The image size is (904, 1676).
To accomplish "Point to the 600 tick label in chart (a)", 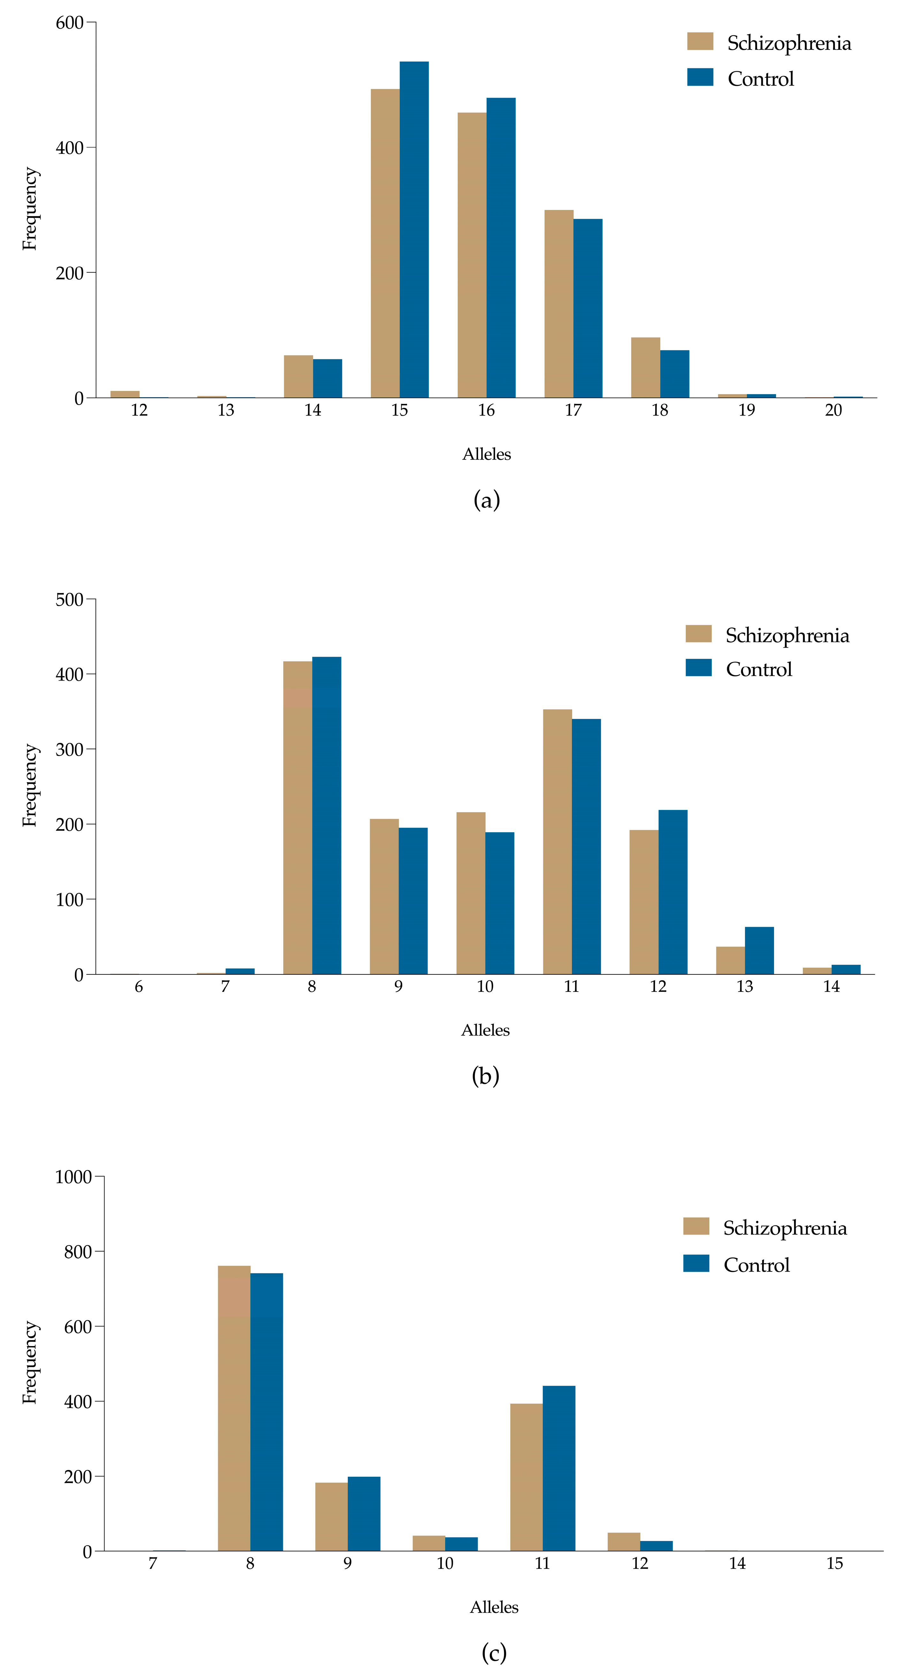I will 70,23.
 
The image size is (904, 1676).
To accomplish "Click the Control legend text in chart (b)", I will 758,669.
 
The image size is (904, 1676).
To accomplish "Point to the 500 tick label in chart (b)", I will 70,600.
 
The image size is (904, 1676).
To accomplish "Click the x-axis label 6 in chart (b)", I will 139,987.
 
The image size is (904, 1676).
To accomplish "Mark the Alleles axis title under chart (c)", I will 494,1608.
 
